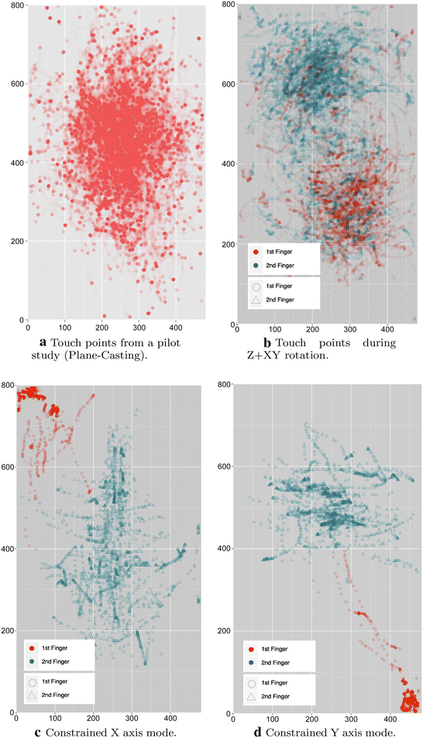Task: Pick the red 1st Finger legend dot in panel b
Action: (256, 252)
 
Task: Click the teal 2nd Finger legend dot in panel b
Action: (256, 266)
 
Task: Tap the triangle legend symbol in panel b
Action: (256, 299)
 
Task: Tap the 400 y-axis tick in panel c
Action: (8, 548)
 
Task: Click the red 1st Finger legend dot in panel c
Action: (32, 647)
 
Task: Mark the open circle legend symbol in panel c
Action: (32, 682)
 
